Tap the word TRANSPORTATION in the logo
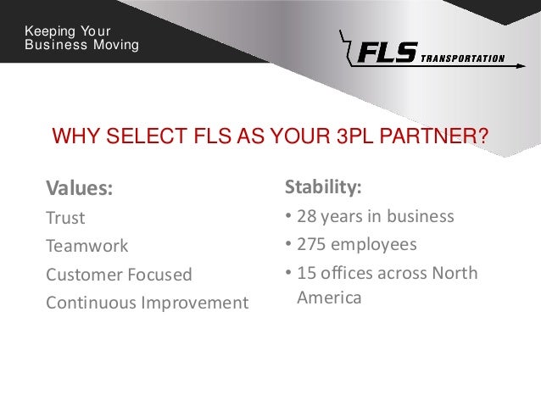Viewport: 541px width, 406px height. pyautogui.click(x=462, y=59)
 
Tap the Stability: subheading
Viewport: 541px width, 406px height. pyautogui.click(x=323, y=186)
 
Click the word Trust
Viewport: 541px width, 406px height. pyautogui.click(x=65, y=218)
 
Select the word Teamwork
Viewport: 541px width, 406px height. pyautogui.click(x=86, y=246)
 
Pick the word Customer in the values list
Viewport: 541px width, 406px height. pyautogui.click(x=81, y=275)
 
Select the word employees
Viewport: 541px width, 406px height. pyautogui.click(x=374, y=245)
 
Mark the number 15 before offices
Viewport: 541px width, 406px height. pyautogui.click(x=305, y=273)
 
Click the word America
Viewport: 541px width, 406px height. pyautogui.click(x=329, y=298)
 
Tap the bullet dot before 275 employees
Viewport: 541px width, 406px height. pyautogui.click(x=288, y=246)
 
